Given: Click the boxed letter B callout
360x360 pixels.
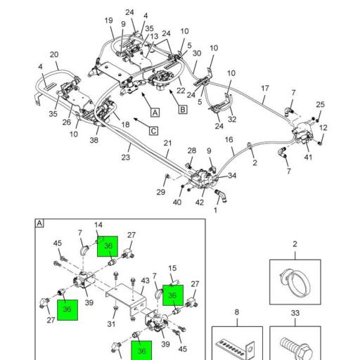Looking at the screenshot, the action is (x=183, y=110).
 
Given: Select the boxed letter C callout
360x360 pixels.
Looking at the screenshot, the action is (x=153, y=131).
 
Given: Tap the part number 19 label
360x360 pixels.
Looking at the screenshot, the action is (x=108, y=20).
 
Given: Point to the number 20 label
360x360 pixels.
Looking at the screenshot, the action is (x=54, y=55).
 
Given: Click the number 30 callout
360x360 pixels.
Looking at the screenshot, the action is (x=197, y=53).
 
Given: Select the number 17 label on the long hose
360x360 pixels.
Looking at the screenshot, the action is (x=265, y=89).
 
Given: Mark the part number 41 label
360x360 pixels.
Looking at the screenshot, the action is (x=308, y=157).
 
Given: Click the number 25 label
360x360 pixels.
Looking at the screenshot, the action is (x=320, y=104).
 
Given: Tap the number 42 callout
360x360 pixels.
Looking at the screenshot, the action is (x=200, y=202).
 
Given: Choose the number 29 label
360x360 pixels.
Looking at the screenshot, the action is (x=161, y=192).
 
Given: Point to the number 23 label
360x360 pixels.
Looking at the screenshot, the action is (x=126, y=157).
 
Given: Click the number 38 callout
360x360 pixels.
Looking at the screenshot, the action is (x=94, y=140).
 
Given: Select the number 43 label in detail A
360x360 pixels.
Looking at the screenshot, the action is (x=146, y=281).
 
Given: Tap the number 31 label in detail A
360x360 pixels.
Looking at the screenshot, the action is (x=111, y=324).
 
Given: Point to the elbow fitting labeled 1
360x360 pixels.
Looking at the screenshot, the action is (x=221, y=195).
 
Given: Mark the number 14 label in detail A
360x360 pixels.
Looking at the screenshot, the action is (x=98, y=225).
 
